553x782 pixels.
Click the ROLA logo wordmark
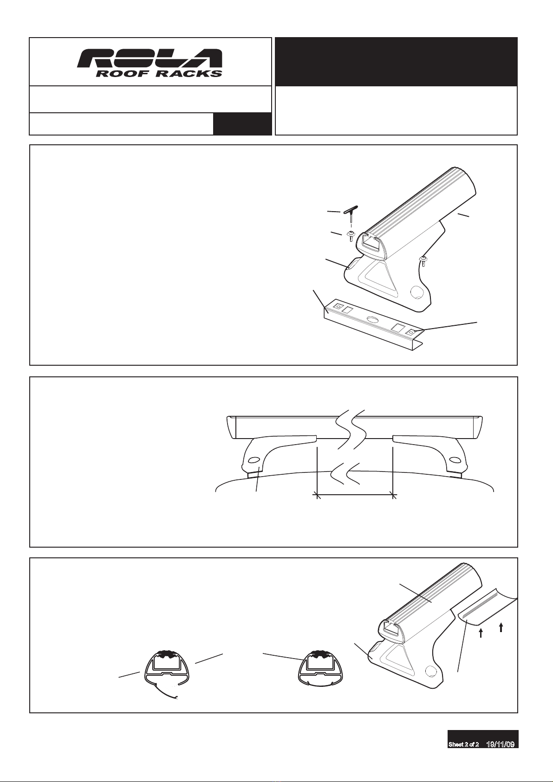point(150,59)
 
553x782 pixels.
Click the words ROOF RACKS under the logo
point(159,73)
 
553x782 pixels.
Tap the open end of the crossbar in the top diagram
point(371,244)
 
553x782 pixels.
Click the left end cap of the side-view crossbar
point(231,427)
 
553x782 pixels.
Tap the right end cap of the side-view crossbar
point(477,427)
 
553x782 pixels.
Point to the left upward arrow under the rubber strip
point(481,633)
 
